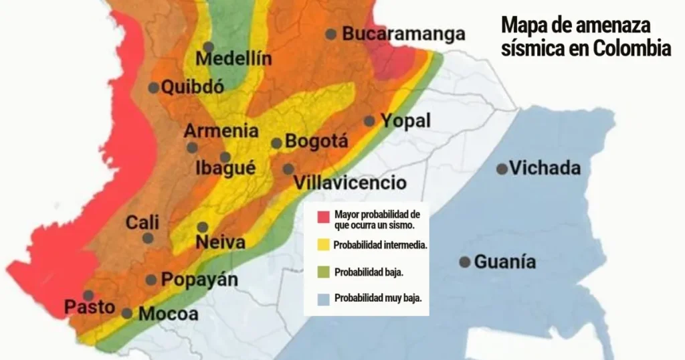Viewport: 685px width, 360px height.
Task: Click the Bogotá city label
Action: (x=316, y=142)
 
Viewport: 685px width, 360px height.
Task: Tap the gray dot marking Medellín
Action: (x=209, y=47)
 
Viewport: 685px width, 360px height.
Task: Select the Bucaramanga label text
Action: (x=403, y=34)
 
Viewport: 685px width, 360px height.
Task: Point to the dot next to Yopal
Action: (x=369, y=121)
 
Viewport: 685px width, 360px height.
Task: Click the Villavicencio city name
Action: (x=350, y=183)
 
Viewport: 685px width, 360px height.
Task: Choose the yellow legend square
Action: (x=324, y=245)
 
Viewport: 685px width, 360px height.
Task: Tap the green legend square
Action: (x=324, y=272)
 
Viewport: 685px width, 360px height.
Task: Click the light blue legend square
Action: (x=324, y=298)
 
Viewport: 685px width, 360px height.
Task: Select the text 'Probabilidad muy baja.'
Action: (x=378, y=298)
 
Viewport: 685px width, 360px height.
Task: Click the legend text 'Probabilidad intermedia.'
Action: (x=380, y=245)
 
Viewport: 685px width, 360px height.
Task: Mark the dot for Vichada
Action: (x=502, y=169)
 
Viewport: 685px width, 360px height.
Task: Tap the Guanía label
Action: (x=504, y=262)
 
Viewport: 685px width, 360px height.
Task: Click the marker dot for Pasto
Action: (x=88, y=295)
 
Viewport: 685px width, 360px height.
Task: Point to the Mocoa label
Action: (x=169, y=314)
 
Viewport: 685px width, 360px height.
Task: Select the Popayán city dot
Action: (x=151, y=280)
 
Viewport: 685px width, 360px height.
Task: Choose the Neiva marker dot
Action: (x=202, y=227)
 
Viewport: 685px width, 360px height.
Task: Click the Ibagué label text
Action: (x=225, y=169)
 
